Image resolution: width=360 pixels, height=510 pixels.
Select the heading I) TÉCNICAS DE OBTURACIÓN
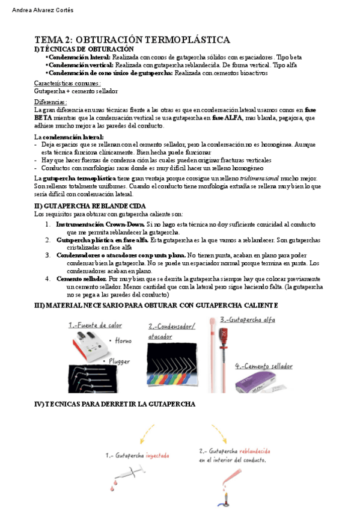click(x=84, y=49)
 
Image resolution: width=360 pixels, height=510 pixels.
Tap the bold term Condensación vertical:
click(x=81, y=65)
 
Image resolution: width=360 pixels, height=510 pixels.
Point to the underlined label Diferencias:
click(x=50, y=102)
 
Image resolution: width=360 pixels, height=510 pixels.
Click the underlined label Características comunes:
click(x=67, y=84)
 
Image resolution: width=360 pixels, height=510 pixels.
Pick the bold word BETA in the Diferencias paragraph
click(x=43, y=118)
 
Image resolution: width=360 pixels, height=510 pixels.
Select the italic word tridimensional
click(x=260, y=179)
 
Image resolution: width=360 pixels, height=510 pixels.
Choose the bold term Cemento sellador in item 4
click(x=82, y=279)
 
